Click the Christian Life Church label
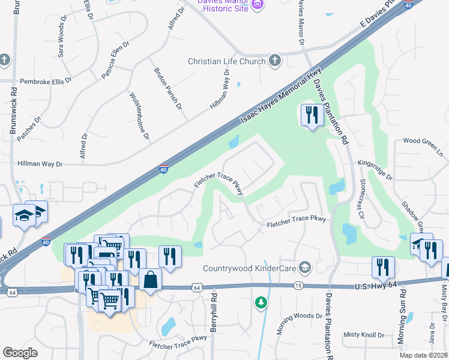(226, 61)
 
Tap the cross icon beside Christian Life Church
(275, 60)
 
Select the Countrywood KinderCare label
(250, 268)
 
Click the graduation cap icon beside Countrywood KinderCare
(305, 267)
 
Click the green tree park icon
(261, 302)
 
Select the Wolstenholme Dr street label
(139, 116)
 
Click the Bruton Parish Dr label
(167, 88)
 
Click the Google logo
(20, 352)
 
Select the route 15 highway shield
(298, 287)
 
